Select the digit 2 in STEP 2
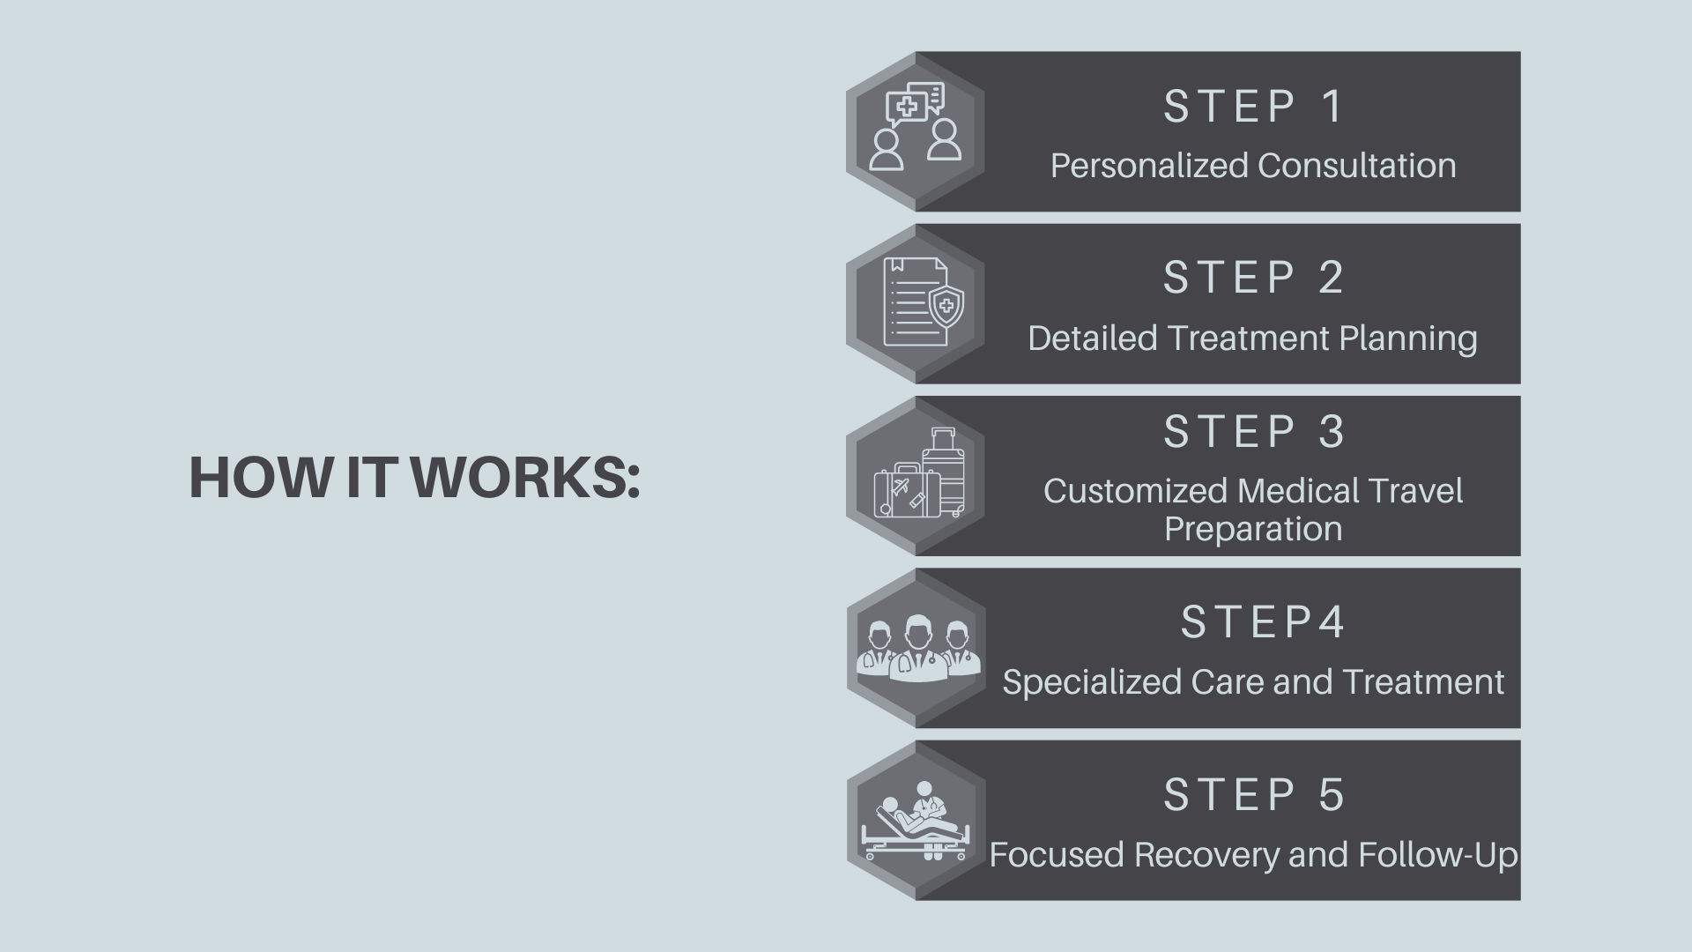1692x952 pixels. pyautogui.click(x=1331, y=277)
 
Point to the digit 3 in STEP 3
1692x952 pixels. pyautogui.click(x=1331, y=431)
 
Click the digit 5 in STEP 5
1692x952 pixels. pyautogui.click(x=1331, y=794)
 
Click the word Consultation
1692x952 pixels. pyautogui.click(x=1357, y=165)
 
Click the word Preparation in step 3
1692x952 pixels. pyautogui.click(x=1253, y=530)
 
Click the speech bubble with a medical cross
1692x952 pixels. pyautogui.click(x=906, y=109)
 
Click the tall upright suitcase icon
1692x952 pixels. pyautogui.click(x=945, y=472)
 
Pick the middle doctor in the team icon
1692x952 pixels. pyautogui.click(x=917, y=649)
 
